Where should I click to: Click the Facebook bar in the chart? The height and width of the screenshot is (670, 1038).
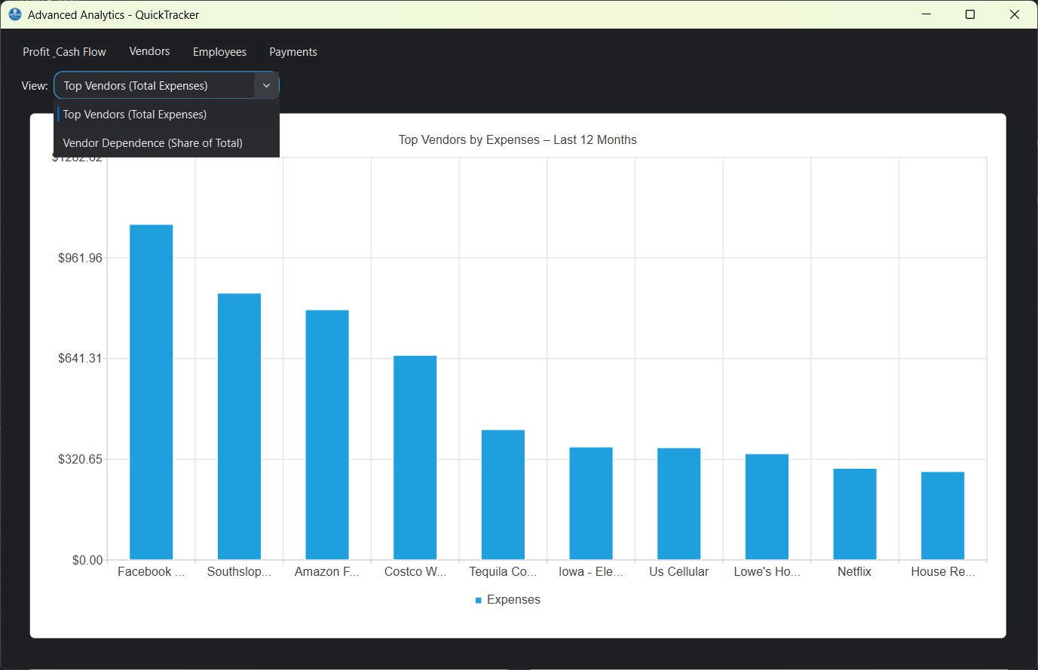pos(151,392)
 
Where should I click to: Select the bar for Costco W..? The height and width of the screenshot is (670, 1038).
pos(415,457)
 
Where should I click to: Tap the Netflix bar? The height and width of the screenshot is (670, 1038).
pos(854,513)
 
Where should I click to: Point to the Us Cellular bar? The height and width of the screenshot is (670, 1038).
pos(678,503)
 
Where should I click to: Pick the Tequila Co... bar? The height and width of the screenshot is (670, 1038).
pos(503,494)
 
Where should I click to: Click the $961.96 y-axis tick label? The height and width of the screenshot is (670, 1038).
pos(80,259)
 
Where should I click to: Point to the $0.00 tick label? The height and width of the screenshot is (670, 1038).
pos(87,560)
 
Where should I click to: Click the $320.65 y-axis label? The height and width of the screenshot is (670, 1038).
pos(80,459)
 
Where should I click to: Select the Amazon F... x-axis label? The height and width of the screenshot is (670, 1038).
pos(326,572)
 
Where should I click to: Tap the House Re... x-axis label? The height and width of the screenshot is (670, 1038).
pos(942,572)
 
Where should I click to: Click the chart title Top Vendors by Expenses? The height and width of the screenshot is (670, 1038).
pos(517,140)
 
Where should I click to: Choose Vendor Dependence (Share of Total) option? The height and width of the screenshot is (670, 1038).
pos(153,143)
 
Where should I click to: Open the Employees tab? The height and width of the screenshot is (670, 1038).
pos(219,52)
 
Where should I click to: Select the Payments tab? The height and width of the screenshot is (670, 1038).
pos(292,52)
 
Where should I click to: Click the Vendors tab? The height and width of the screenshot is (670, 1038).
pos(149,51)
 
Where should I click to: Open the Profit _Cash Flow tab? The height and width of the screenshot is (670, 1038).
pos(64,52)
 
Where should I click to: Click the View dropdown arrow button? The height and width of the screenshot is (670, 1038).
pos(266,86)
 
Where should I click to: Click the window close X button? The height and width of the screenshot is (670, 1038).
pos(1014,14)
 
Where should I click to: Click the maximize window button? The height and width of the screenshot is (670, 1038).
pos(970,14)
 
